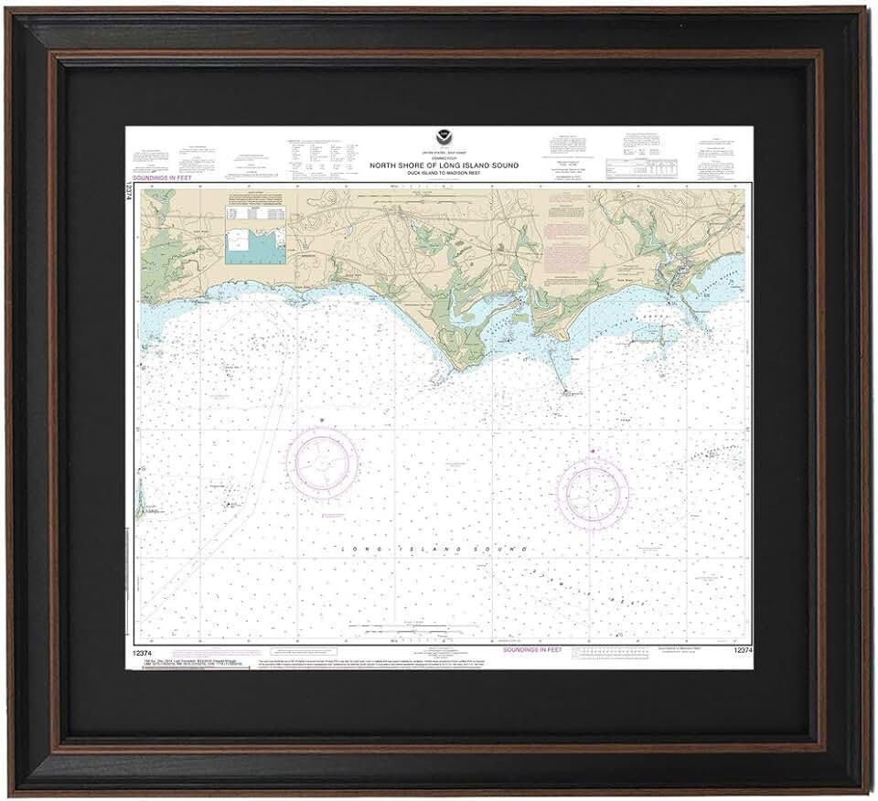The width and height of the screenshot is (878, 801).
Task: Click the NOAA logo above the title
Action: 444,143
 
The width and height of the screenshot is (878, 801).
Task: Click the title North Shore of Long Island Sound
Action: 444,166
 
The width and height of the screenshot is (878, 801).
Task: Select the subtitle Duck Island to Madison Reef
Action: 444,173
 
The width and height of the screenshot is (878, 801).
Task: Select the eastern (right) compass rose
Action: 593,494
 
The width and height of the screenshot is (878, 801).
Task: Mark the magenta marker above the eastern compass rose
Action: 593,451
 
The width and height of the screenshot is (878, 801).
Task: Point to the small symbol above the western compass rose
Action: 321,420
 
